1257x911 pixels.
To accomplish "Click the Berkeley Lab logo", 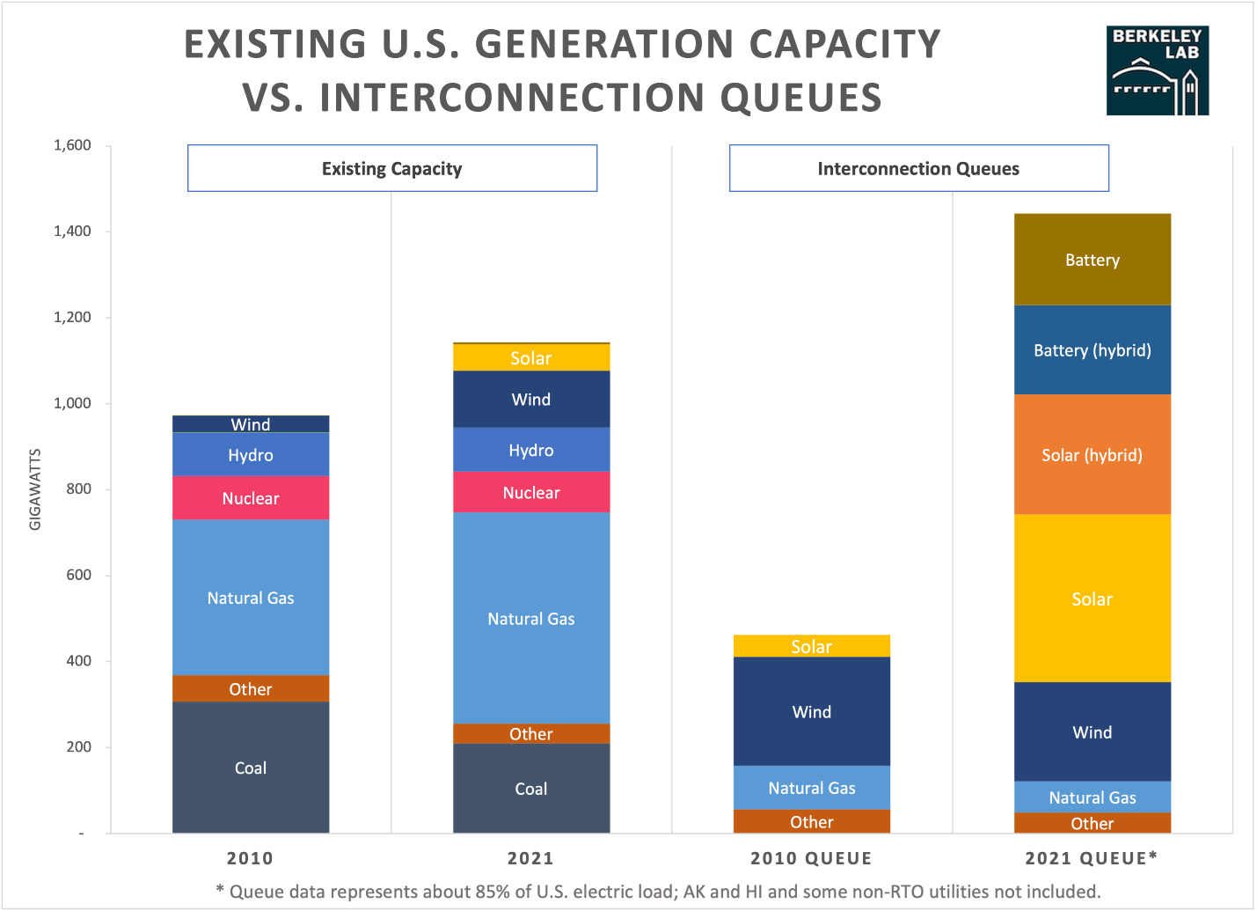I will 1157,70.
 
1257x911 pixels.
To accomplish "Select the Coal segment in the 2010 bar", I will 251,768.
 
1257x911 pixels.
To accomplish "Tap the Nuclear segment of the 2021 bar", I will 531,492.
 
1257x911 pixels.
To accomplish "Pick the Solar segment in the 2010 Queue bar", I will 811,646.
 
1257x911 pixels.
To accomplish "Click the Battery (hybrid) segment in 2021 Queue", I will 1092,350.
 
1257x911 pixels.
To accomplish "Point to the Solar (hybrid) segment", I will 1092,455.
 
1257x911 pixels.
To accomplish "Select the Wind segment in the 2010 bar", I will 251,424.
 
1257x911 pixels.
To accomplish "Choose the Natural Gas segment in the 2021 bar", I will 531,619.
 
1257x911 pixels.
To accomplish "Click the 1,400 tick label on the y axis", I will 72,231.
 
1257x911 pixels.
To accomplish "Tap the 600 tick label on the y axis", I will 79,575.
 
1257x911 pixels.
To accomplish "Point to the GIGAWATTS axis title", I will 35,489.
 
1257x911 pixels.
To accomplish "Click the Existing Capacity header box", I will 392,168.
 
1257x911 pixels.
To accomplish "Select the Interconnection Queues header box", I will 918,168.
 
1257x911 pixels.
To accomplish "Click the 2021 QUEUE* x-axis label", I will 1092,858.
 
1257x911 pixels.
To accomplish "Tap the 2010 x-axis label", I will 251,858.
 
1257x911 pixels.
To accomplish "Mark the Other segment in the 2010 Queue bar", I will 811,822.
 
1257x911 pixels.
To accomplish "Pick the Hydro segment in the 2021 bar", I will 531,450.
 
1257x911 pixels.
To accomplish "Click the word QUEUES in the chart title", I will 801,98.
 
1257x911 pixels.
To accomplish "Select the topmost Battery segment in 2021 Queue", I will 1092,260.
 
